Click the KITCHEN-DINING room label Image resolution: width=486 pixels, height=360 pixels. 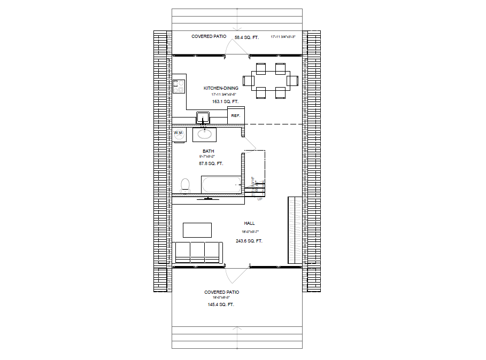tap(221, 88)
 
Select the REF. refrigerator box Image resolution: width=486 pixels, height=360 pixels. tap(236, 115)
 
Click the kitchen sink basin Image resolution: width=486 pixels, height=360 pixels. tap(204, 117)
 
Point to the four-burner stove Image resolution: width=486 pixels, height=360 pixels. tap(179, 87)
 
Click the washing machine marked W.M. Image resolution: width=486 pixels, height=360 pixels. tap(179, 132)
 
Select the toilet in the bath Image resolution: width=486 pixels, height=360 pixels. tap(186, 185)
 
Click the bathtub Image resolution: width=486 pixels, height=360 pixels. tap(221, 185)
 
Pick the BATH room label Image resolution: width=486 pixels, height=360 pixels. tap(208, 151)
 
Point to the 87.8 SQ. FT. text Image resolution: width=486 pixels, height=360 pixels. tap(211, 163)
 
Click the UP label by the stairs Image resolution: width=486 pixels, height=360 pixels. tap(260, 199)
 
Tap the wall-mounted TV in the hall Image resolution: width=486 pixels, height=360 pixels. tap(208, 198)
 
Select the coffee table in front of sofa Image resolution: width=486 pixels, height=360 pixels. tap(197, 230)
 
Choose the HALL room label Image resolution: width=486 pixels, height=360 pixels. tap(249, 223)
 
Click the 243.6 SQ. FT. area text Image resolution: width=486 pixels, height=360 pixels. tap(249, 241)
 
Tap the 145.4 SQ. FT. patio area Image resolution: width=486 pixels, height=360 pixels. tap(221, 304)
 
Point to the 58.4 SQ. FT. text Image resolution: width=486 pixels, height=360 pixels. tap(246, 37)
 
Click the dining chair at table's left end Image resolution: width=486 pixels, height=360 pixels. tap(248, 81)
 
